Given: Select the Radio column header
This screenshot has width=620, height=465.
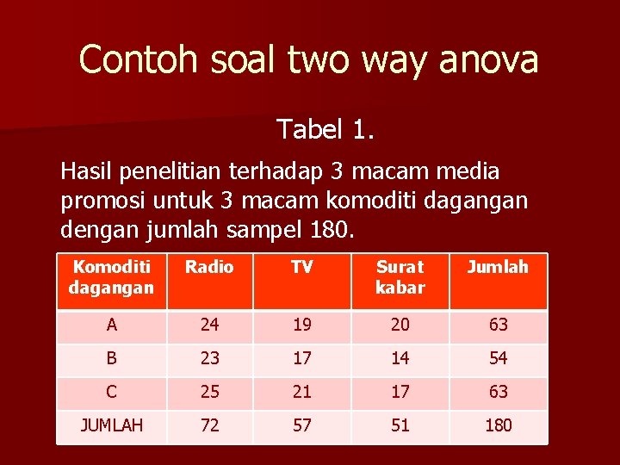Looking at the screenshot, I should [x=209, y=267].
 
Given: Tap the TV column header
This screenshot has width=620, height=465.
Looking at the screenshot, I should [x=301, y=267].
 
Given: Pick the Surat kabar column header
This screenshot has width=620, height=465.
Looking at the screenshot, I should [x=400, y=277].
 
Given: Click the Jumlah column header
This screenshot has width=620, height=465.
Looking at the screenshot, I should [x=498, y=267].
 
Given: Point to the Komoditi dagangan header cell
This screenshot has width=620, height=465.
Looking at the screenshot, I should [x=111, y=277].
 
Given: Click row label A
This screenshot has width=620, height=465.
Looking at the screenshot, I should [x=111, y=325].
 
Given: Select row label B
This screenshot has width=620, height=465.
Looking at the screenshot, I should [x=111, y=358].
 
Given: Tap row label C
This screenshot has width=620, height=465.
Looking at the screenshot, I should [x=111, y=392].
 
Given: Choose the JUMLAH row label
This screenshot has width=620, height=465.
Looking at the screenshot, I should [x=111, y=425].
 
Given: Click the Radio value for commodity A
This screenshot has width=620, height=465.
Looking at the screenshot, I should [x=209, y=325].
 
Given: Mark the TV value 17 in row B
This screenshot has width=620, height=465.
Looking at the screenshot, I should [x=301, y=358].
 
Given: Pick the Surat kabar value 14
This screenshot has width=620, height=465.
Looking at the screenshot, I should [x=400, y=358].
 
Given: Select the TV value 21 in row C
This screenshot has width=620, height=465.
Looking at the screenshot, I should [x=301, y=392].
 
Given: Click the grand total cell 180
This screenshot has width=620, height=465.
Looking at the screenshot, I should [x=498, y=425].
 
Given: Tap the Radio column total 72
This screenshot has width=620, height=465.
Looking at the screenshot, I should [x=209, y=425].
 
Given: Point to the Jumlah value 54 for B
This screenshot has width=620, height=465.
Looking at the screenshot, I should [x=498, y=358].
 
